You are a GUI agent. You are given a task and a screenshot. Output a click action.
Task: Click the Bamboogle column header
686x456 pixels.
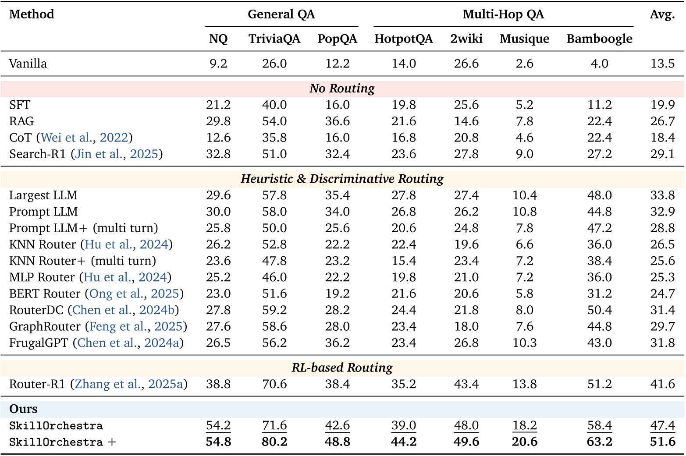click(599, 39)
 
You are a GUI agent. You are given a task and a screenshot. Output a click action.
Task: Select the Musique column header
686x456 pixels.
click(524, 39)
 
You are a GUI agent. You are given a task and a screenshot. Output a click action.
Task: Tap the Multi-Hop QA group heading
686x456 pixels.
click(503, 14)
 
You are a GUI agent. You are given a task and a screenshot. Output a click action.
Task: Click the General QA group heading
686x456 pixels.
click(281, 14)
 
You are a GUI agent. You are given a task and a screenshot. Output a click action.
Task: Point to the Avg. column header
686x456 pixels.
click(662, 14)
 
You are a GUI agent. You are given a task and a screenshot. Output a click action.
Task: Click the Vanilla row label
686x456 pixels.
click(28, 64)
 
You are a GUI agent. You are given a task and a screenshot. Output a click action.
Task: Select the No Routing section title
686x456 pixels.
click(342, 88)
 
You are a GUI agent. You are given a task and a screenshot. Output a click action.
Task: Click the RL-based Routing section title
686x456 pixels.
click(342, 368)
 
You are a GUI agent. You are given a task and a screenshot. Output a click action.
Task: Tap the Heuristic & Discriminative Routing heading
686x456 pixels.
click(342, 179)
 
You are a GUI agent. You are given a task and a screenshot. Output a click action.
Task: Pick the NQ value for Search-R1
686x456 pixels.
click(218, 154)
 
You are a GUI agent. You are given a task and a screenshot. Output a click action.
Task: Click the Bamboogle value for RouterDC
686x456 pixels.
click(599, 310)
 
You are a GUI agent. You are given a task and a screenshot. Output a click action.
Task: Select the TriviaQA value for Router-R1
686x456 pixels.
click(274, 384)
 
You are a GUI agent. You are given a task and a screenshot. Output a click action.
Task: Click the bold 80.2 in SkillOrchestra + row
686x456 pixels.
click(274, 442)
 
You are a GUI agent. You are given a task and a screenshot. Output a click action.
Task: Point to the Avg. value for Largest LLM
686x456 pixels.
click(662, 195)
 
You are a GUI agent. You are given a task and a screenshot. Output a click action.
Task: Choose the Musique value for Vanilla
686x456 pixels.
click(524, 64)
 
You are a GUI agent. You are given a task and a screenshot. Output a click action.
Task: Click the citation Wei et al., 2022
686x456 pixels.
click(84, 138)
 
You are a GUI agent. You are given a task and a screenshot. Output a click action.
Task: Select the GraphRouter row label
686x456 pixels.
click(45, 326)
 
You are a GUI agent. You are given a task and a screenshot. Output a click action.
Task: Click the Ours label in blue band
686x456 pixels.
click(23, 409)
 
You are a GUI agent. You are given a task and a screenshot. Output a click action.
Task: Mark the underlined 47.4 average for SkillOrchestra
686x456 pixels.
click(662, 425)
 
